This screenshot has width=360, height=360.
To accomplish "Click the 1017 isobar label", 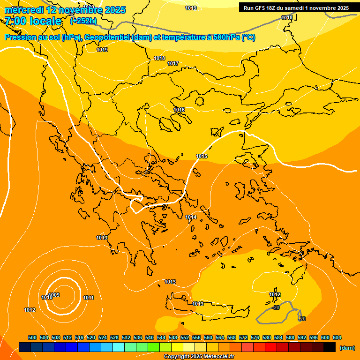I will pyautogui.click(x=173, y=63).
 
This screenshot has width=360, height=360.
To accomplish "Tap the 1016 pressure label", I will pyautogui.click(x=179, y=110).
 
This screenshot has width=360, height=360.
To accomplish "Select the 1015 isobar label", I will pyautogui.click(x=202, y=156).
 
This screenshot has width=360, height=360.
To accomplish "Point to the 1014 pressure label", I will pyautogui.click(x=191, y=217).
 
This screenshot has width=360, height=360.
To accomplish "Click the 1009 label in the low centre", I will pyautogui.click(x=54, y=295).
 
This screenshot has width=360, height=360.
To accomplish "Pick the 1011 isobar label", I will pyautogui.click(x=88, y=298).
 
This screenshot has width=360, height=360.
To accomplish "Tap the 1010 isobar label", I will pyautogui.click(x=46, y=298).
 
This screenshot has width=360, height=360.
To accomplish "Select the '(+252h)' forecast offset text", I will pyautogui.click(x=83, y=21).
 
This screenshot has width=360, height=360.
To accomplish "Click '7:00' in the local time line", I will pyautogui.click(x=15, y=21).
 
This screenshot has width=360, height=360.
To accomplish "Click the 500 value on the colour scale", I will pyautogui.click(x=32, y=337).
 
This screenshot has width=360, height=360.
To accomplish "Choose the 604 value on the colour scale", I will pyautogui.click(x=337, y=337).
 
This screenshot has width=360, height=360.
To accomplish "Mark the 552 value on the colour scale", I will pyautogui.click(x=185, y=337).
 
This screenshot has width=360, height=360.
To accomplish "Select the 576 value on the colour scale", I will pyautogui.click(x=255, y=337).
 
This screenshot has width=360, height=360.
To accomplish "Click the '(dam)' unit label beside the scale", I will pyautogui.click(x=347, y=348).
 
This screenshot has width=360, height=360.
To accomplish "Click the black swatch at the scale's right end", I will pyautogui.click(x=330, y=347).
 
